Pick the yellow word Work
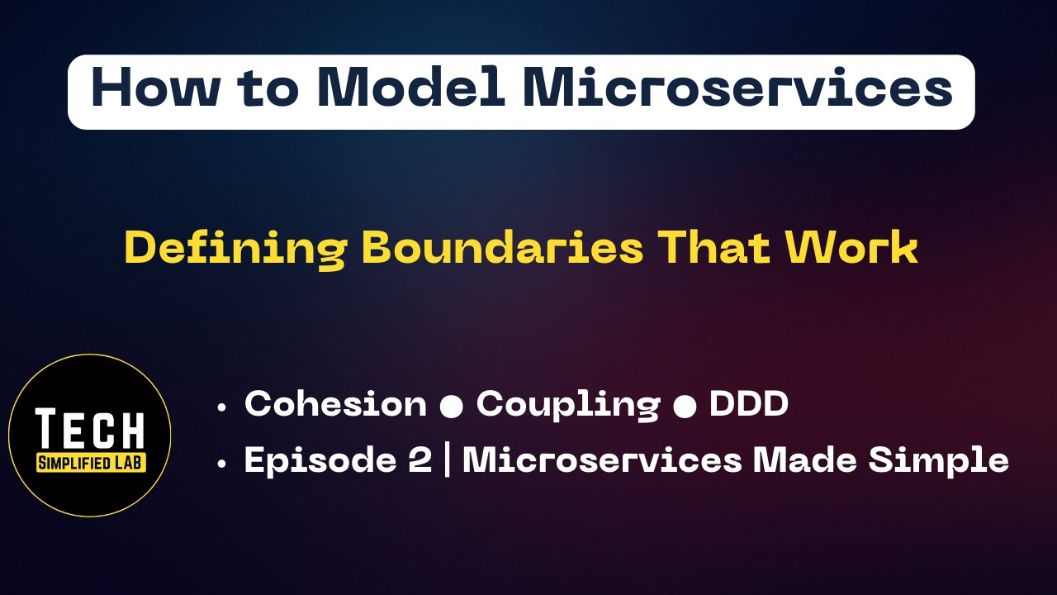851,248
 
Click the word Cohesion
335,404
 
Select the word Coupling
568,405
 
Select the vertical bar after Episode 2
447,461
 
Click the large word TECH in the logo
91,429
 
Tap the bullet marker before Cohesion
221,407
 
